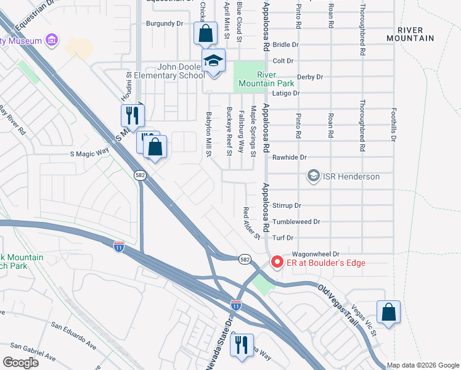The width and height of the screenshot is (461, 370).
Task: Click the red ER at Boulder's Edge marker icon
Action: (x=277, y=263)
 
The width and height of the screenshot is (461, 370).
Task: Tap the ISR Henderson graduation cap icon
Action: (x=314, y=176)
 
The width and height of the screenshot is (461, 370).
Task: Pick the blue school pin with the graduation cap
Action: (x=214, y=62)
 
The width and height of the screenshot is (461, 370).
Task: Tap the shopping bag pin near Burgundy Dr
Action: (x=205, y=33)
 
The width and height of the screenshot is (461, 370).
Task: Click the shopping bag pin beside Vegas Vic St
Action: (x=388, y=312)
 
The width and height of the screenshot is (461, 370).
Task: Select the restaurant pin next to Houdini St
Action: (x=132, y=115)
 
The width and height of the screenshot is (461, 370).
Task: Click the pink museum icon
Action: (x=51, y=41)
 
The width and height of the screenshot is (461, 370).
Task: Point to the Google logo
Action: (x=20, y=363)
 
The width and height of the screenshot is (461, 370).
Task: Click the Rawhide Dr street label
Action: (x=290, y=157)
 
